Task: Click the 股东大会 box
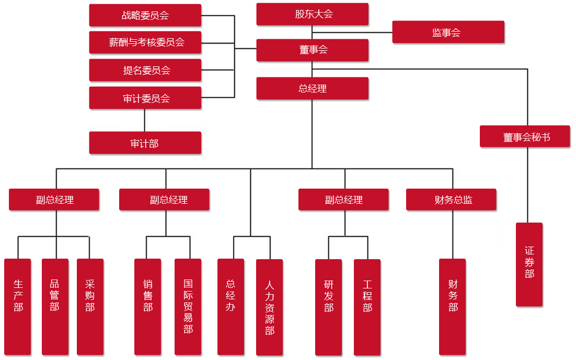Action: pos(313,14)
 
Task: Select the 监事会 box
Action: pos(448,32)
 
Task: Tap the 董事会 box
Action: pos(313,50)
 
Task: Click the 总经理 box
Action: pos(313,88)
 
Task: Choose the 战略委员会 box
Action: pos(145,15)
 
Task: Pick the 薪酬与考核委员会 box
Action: pos(145,42)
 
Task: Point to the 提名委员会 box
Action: pos(145,70)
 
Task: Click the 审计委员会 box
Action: pos(145,98)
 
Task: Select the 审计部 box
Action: pos(145,143)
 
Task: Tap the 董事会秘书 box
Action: pos(525,137)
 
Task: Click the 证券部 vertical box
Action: pos(529,264)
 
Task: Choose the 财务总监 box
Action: pos(451,200)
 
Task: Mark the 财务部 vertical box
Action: pos(452,307)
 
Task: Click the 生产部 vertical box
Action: pos(18,307)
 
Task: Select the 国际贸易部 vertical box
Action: pos(188,307)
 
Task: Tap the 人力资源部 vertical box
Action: pos(269,307)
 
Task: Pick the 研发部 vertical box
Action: pos(328,307)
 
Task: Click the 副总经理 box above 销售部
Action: pos(164,200)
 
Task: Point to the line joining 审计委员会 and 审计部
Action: pos(145,120)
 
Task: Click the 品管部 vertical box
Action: pos(54,307)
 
